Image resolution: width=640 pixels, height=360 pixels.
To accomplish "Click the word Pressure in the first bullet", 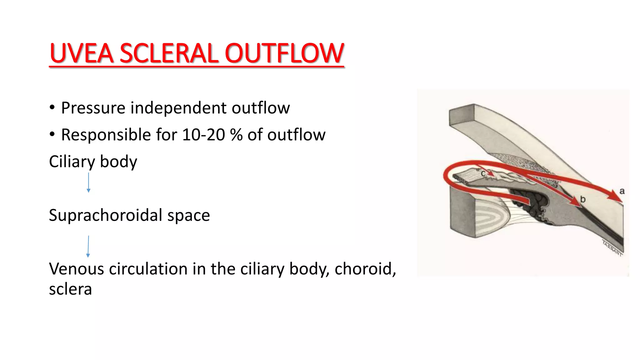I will tap(93, 108).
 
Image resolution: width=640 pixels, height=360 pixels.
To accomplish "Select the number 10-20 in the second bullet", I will tap(203, 135).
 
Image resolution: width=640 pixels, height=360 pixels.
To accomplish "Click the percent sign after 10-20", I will tap(236, 135).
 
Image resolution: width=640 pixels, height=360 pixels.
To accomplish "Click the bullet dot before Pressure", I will tap(52, 108).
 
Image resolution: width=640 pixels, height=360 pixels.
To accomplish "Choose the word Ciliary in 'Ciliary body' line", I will tap(72, 162).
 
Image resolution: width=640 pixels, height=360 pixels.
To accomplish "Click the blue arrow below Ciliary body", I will tap(88, 182).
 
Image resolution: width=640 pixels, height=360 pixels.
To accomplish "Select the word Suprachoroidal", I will tap(105, 216).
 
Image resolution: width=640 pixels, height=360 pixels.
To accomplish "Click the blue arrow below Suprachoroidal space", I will tap(88, 247).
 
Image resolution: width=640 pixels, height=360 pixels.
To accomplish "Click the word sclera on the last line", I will tap(70, 289).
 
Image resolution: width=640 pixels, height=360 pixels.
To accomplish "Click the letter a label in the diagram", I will tap(622, 191).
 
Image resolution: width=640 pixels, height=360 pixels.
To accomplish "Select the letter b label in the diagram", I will tap(583, 199).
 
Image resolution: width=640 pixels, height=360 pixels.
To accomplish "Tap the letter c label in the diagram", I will tap(483, 173).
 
